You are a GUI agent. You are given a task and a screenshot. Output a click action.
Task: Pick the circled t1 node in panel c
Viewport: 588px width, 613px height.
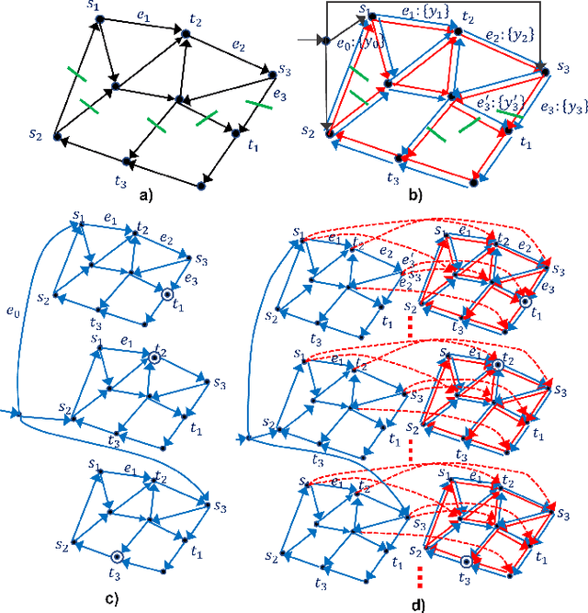tap(166, 294)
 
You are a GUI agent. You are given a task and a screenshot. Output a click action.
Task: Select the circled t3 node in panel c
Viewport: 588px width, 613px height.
tap(115, 557)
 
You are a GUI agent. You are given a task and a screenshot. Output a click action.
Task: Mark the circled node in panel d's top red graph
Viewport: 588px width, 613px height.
tap(524, 301)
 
